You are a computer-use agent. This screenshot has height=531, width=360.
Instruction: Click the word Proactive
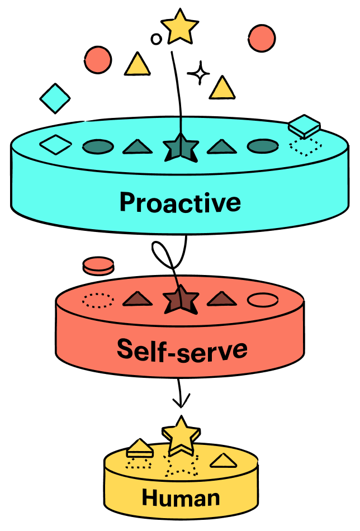click(180, 202)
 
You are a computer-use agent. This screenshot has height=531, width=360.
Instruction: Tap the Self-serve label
click(182, 349)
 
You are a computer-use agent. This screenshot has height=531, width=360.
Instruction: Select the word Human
click(181, 497)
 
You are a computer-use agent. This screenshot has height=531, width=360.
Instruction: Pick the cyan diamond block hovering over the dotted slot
click(304, 126)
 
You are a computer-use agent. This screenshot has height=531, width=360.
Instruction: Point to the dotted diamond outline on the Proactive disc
click(305, 146)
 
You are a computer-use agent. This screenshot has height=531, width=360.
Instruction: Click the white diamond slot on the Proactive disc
click(56, 145)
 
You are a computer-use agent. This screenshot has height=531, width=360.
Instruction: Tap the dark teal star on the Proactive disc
click(181, 147)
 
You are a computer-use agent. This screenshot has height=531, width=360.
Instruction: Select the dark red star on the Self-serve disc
click(181, 300)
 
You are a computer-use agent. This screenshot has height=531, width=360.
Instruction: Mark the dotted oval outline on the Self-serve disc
click(98, 300)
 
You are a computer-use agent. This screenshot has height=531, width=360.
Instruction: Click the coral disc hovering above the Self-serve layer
click(98, 265)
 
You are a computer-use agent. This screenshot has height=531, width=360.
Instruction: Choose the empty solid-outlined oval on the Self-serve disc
click(263, 300)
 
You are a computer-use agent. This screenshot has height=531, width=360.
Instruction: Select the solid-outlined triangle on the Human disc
click(223, 461)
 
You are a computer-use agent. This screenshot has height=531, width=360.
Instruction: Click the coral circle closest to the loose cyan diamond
click(98, 59)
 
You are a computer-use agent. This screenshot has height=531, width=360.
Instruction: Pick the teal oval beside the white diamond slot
click(98, 147)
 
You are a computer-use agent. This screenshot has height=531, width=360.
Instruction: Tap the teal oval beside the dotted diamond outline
click(263, 146)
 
